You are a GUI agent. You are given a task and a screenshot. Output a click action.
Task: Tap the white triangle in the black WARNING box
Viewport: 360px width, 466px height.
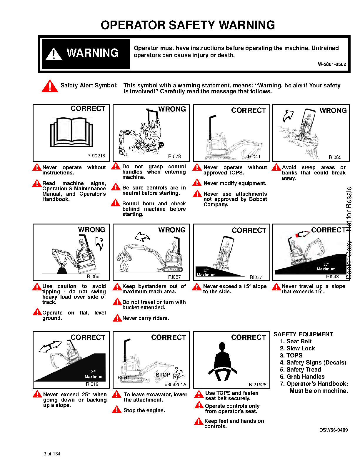tap(54, 54)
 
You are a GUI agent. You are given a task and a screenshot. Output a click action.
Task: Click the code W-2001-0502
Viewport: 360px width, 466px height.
tap(332, 64)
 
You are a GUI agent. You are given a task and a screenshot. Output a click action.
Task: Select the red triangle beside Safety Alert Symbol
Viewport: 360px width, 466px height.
tap(50, 86)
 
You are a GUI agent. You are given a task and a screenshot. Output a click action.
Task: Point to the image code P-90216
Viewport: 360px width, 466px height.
tap(96, 156)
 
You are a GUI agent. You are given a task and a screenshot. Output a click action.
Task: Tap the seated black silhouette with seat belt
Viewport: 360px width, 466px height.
tap(223, 362)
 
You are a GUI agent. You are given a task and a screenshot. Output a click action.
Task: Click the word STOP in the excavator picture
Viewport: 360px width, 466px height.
tap(163, 375)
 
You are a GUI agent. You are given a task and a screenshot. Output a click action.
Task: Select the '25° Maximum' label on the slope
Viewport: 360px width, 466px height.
tap(94, 374)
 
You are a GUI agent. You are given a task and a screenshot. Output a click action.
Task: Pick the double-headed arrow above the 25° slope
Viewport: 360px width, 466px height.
tap(50, 346)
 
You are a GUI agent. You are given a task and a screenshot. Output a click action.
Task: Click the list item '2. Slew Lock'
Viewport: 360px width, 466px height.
tap(297, 349)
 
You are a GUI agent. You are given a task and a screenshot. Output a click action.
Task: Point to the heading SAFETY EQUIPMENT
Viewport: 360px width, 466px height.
tap(304, 334)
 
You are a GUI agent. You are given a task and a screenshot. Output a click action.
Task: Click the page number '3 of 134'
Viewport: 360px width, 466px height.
tap(52, 454)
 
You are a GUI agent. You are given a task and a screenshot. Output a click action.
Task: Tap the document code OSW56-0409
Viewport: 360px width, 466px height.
tap(334, 430)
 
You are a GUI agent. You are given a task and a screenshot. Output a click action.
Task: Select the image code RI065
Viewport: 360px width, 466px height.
tap(335, 157)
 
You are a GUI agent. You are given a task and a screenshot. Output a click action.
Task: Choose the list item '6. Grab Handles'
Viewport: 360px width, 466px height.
tap(302, 377)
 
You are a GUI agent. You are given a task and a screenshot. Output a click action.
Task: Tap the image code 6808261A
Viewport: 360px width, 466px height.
tap(175, 384)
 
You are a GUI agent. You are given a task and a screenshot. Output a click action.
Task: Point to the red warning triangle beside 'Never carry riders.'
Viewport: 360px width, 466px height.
tap(117, 318)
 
